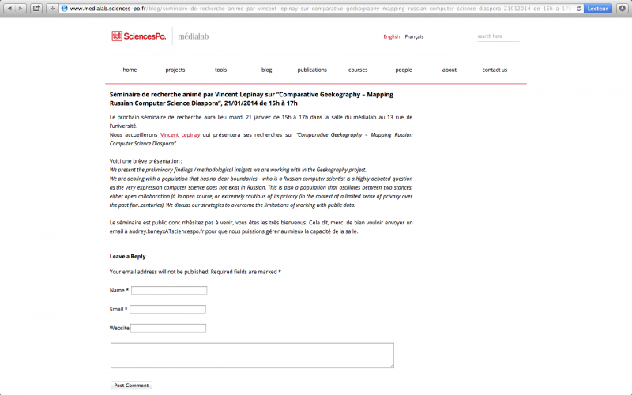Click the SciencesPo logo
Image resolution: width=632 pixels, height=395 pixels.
(x=139, y=36)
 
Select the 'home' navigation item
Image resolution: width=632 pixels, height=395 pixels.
(x=130, y=70)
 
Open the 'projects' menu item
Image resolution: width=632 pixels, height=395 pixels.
(x=175, y=70)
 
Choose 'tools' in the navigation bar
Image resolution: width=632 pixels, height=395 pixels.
(x=220, y=70)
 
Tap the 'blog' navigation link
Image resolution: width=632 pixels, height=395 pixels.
(x=266, y=70)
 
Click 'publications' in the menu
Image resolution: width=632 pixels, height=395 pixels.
(x=312, y=70)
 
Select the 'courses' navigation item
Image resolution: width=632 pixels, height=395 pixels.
(x=358, y=70)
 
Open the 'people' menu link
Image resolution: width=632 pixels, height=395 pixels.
(x=404, y=70)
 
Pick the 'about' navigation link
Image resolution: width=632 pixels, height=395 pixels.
(x=450, y=70)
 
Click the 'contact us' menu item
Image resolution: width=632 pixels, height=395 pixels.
(x=495, y=70)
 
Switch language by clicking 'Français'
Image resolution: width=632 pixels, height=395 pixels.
(x=414, y=36)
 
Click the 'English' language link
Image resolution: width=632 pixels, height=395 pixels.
(x=391, y=36)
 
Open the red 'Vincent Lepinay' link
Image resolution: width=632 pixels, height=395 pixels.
(x=180, y=135)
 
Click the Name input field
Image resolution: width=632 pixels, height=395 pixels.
(x=169, y=291)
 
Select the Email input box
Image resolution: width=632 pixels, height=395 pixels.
(x=167, y=309)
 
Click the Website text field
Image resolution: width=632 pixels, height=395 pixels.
(x=168, y=328)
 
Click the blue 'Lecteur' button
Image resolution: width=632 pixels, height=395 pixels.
(x=597, y=8)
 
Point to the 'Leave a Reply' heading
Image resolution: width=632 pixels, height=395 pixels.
(x=127, y=256)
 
